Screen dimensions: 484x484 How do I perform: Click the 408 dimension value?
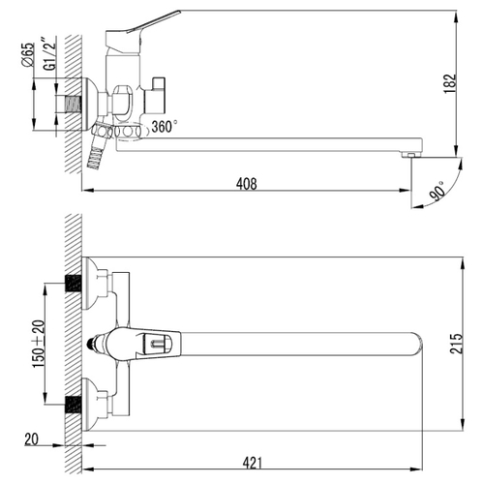pos(247,184)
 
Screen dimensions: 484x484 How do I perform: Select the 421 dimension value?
pos(253,463)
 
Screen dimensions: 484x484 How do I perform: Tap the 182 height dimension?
pos(450,83)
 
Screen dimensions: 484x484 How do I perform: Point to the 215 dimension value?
pos(456,344)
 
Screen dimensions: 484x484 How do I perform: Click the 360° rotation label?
pos(165,127)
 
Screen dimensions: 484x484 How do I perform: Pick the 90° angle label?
pos(438,191)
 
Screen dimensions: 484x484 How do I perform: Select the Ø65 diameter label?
pos(28,54)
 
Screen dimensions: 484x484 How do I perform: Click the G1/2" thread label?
pos(50,53)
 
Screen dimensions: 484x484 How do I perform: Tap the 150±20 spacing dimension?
pos(39,344)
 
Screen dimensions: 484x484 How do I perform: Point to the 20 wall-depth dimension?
pos(31,439)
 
